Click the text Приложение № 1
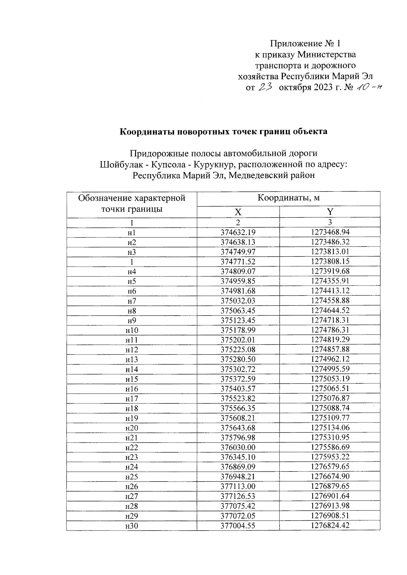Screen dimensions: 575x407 pos(305,43)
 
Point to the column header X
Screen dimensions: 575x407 pos(238,212)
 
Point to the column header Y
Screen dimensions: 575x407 pos(330,212)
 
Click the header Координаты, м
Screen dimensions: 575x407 pos(288,198)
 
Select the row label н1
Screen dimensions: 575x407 pos(132,233)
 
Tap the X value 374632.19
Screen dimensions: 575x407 pos(238,233)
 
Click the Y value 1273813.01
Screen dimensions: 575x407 pos(330,252)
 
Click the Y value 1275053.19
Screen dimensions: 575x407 pos(330,379)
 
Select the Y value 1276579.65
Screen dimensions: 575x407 pos(330,467)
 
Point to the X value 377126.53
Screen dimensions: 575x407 pos(238,497)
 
